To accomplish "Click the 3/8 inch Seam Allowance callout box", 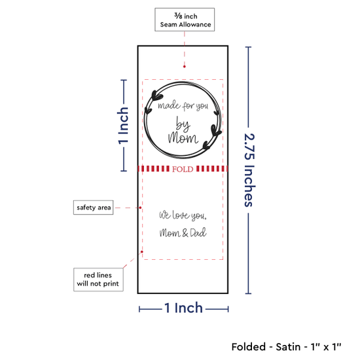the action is click(185, 20).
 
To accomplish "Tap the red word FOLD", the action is click(183, 170).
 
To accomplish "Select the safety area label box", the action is click(93, 207).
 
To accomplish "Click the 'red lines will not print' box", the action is click(98, 279).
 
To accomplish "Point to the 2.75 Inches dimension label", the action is click(249, 170).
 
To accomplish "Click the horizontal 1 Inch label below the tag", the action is click(184, 308).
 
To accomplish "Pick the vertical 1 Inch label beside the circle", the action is click(123, 126).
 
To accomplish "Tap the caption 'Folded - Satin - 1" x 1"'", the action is click(286, 347).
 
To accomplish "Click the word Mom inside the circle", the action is click(183, 138).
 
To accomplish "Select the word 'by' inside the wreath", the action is click(183, 124).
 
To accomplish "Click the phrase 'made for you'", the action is click(183, 106).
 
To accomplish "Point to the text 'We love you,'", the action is click(183, 215).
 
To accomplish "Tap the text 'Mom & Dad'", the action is click(183, 232).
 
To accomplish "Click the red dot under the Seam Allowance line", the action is click(185, 67).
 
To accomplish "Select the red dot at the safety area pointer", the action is click(140, 207).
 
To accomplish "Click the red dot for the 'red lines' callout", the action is click(142, 252).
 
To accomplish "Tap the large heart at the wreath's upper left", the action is click(156, 96).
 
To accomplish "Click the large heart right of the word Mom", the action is click(215, 130).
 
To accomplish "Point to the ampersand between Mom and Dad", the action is click(185, 233).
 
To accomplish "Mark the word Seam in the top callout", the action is click(168, 24).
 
